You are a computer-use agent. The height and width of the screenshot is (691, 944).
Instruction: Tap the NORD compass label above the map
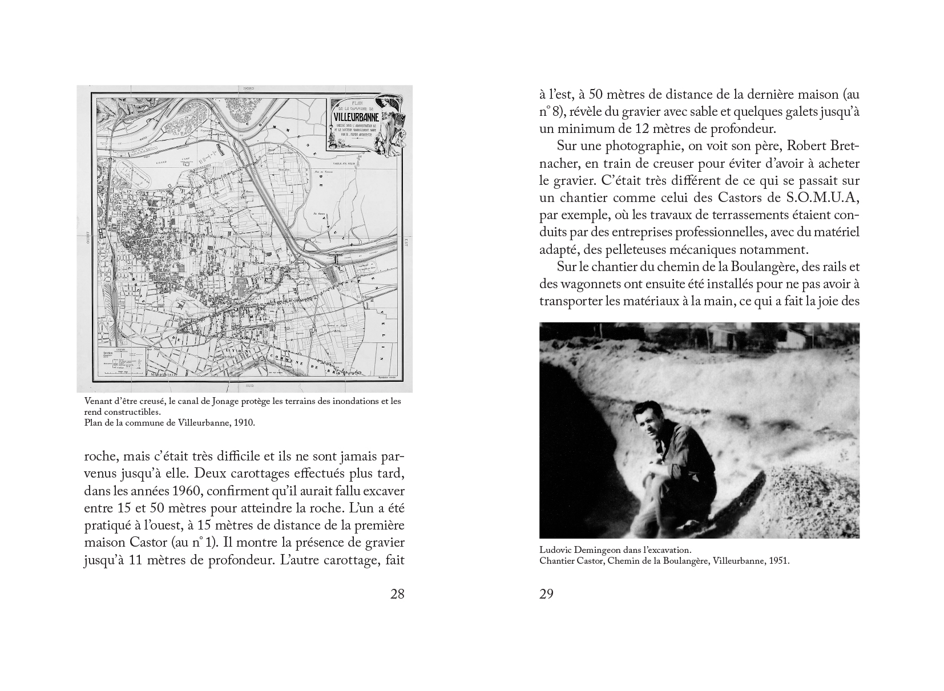click(249, 89)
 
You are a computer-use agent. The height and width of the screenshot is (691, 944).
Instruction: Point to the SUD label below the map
click(249, 387)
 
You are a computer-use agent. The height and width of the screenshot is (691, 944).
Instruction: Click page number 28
click(397, 594)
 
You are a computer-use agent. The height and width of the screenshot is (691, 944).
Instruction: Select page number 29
click(546, 594)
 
